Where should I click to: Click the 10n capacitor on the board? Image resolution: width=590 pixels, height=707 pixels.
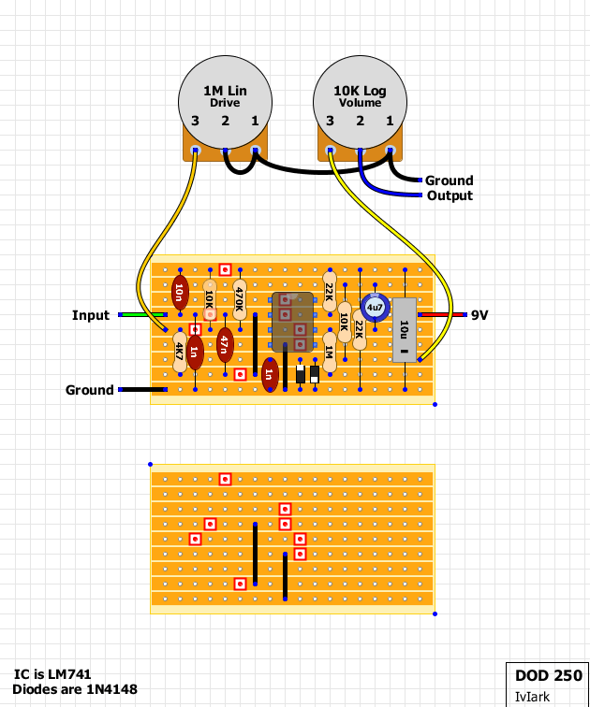(180, 292)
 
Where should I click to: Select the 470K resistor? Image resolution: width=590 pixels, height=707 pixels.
(240, 299)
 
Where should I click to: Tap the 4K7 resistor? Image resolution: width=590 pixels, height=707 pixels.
(180, 352)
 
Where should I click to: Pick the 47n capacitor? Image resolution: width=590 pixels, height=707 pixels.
(225, 345)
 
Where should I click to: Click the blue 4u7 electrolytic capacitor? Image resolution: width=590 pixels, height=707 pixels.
(375, 308)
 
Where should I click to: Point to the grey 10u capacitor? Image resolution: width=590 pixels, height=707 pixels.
(405, 329)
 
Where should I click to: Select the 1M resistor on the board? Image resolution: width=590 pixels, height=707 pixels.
(330, 352)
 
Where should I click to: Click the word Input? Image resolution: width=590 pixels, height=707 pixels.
(91, 315)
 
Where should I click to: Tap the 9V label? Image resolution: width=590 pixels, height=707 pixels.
(479, 315)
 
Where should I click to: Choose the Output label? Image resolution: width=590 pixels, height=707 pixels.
(450, 195)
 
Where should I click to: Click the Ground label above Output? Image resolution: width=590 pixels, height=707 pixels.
(450, 180)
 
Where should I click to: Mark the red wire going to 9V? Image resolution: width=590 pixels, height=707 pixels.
(442, 314)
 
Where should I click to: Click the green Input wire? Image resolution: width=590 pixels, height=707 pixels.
(142, 314)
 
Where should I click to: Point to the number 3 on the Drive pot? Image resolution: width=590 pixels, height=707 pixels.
(195, 121)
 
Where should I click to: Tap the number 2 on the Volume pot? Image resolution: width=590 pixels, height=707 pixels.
(360, 121)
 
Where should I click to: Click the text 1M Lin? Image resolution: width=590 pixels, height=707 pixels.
(226, 91)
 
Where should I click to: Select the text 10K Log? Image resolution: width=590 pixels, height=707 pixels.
(360, 91)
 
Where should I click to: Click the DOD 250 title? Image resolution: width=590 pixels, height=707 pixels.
(549, 675)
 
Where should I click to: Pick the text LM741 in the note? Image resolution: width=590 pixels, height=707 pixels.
(69, 674)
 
